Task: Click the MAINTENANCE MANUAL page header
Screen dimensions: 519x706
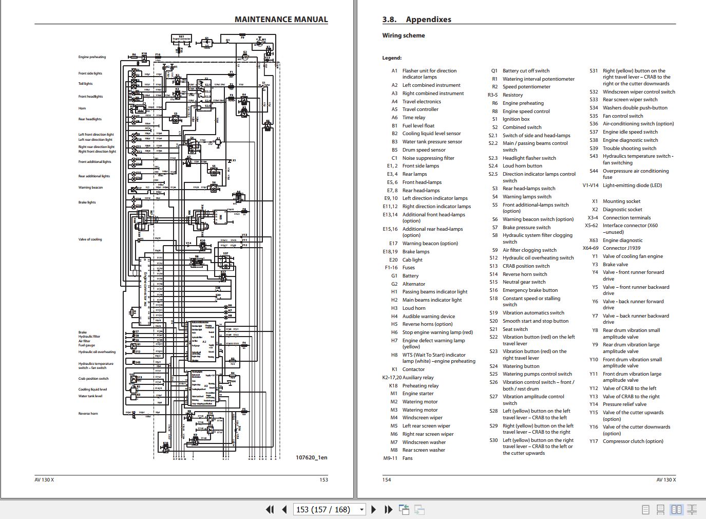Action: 281,20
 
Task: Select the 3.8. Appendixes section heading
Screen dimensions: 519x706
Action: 416,20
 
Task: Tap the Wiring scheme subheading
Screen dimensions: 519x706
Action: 403,35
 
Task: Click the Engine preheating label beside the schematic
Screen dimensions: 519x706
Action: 92,57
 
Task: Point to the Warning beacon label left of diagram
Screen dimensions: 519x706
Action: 90,188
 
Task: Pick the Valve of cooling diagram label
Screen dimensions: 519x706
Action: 90,239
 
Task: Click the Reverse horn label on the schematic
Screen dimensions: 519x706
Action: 88,414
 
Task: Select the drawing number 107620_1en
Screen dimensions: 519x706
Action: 311,457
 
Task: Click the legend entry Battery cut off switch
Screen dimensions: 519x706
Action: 526,71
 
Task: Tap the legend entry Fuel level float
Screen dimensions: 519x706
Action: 418,125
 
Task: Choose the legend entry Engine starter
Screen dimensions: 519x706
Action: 417,394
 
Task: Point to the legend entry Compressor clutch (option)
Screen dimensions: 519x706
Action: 633,441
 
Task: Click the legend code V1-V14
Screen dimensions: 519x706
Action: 590,186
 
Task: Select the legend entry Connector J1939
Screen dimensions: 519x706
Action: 621,248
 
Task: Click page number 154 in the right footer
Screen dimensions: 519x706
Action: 387,480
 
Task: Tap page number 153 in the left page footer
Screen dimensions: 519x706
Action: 323,480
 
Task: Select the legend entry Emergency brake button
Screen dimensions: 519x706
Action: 530,290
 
